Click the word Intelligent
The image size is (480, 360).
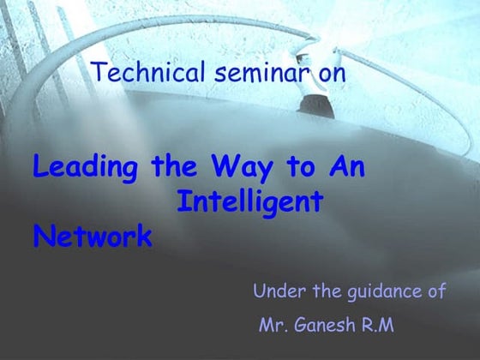pos(249,202)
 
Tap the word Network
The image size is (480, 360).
pos(93,236)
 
